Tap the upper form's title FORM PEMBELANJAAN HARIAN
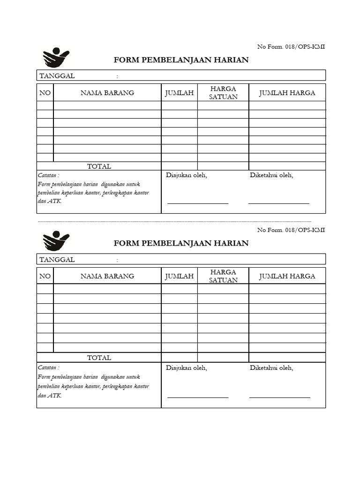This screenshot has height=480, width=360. tap(181, 60)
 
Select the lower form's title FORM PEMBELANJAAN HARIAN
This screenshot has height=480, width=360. tap(181, 243)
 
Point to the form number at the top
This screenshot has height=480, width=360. tap(291, 46)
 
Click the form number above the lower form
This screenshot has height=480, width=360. tap(291, 230)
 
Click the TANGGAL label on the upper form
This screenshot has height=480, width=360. tap(57, 76)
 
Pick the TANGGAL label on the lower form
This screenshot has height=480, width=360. tap(57, 260)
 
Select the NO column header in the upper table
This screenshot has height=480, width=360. tap(45, 93)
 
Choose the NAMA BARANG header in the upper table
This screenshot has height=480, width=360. tap(107, 93)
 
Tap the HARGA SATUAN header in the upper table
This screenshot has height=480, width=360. tap(223, 93)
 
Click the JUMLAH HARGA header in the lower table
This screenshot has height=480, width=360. tap(287, 276)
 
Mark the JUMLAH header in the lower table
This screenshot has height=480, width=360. tap(179, 276)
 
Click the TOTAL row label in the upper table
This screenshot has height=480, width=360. tap(99, 166)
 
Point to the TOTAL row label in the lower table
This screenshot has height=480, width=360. tap(99, 358)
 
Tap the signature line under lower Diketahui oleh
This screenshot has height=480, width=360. tap(279, 397)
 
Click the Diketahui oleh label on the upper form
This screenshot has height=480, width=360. tap(271, 175)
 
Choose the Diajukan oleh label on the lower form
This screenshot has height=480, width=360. tap(187, 368)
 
